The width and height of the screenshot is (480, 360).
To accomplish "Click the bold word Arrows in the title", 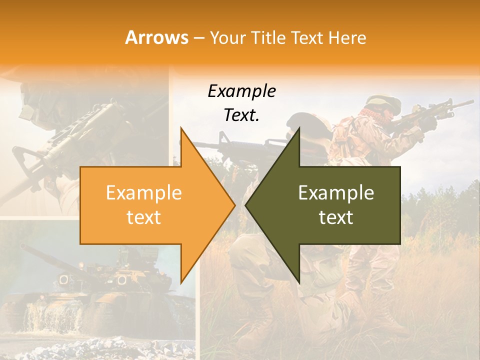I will tap(156, 37).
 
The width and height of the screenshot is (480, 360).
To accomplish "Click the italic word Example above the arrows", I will tap(241, 91).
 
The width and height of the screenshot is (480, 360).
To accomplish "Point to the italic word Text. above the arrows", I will tap(241, 115).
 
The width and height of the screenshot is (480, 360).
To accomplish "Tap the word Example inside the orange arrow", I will tap(143, 193).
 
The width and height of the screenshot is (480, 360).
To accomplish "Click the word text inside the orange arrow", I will tap(143, 217).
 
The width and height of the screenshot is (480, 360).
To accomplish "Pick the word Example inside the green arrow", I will tap(336, 193).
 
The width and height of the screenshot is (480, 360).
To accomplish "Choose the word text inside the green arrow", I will tap(336, 217).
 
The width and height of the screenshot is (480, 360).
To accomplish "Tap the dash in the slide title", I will tap(198, 37).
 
